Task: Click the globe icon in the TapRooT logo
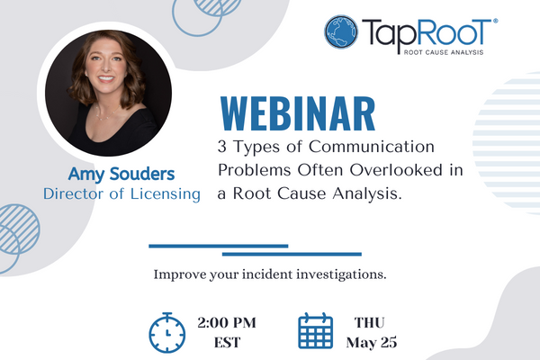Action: [341, 32]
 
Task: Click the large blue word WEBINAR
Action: [298, 114]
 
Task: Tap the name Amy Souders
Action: [121, 175]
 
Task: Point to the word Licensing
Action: [166, 194]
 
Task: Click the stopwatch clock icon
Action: [167, 332]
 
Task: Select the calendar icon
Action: [316, 331]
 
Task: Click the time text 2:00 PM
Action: [227, 323]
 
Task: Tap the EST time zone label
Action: [227, 343]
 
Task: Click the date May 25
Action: [372, 343]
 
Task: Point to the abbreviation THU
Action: [370, 323]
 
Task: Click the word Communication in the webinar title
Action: [371, 147]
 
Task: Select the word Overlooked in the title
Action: [396, 170]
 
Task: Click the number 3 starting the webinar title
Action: [222, 147]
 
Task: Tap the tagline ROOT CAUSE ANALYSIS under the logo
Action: [444, 52]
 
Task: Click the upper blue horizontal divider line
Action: [219, 246]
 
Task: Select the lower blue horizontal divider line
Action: [292, 254]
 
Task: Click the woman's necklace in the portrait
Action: [107, 114]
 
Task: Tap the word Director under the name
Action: [74, 194]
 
